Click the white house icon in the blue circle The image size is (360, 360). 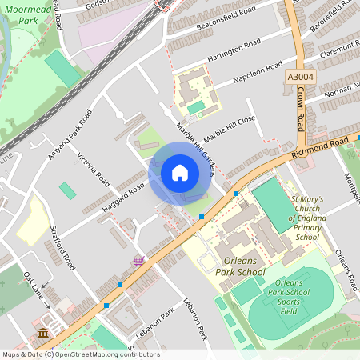pyautogui.click(x=180, y=172)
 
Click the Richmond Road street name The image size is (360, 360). pyautogui.click(x=320, y=146)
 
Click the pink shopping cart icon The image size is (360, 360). pyautogui.click(x=139, y=260)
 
